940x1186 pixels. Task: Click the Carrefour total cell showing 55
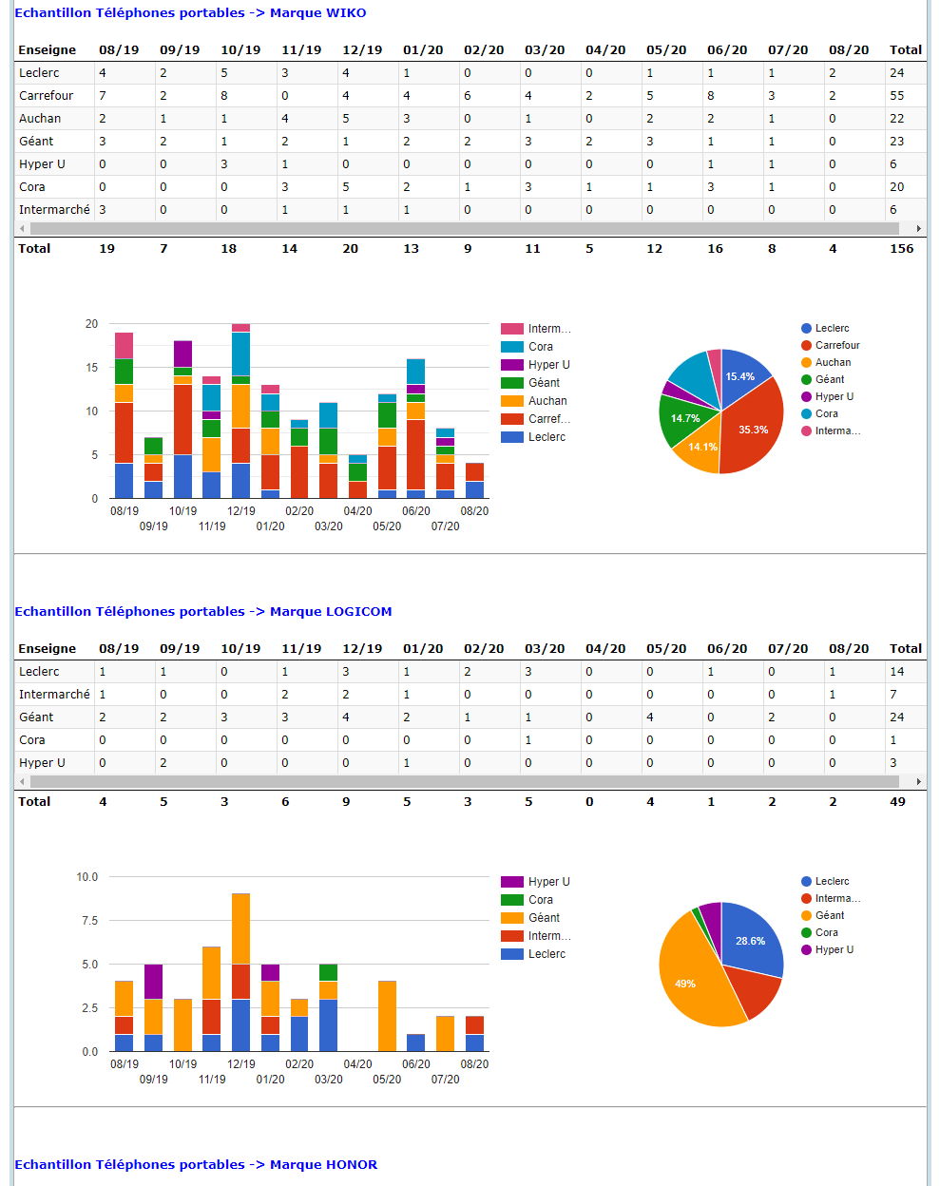(x=896, y=96)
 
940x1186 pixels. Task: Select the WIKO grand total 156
(x=901, y=249)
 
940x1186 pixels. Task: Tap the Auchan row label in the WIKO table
(x=40, y=119)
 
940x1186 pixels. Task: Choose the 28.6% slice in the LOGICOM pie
(x=749, y=940)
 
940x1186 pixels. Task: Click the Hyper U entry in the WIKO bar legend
(x=548, y=365)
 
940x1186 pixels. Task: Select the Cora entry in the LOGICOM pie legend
(x=826, y=933)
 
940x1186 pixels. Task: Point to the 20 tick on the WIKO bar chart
(x=91, y=324)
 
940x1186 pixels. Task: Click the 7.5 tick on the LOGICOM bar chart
(x=89, y=921)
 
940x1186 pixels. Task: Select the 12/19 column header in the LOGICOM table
(x=361, y=649)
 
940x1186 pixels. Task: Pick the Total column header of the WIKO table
(x=905, y=50)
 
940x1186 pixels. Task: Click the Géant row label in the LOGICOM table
(x=36, y=717)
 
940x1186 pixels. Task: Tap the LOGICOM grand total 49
(x=897, y=802)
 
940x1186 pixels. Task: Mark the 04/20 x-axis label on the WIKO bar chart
(x=357, y=511)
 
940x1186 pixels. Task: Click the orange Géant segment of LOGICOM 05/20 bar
(x=387, y=1016)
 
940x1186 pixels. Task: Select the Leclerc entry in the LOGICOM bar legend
(x=547, y=954)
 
